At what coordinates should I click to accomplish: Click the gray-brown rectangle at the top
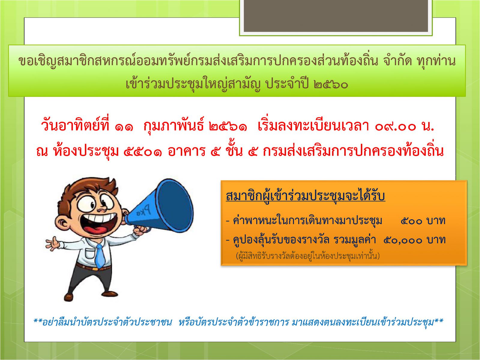coord(336,16)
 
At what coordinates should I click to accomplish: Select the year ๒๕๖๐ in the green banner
coord(331,84)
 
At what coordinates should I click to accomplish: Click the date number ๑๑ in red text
coord(124,127)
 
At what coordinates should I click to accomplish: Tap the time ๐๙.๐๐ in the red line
coord(395,127)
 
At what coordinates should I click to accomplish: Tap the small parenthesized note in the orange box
coord(308,256)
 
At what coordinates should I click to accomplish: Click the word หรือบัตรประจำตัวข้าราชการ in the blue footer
coord(234,322)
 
